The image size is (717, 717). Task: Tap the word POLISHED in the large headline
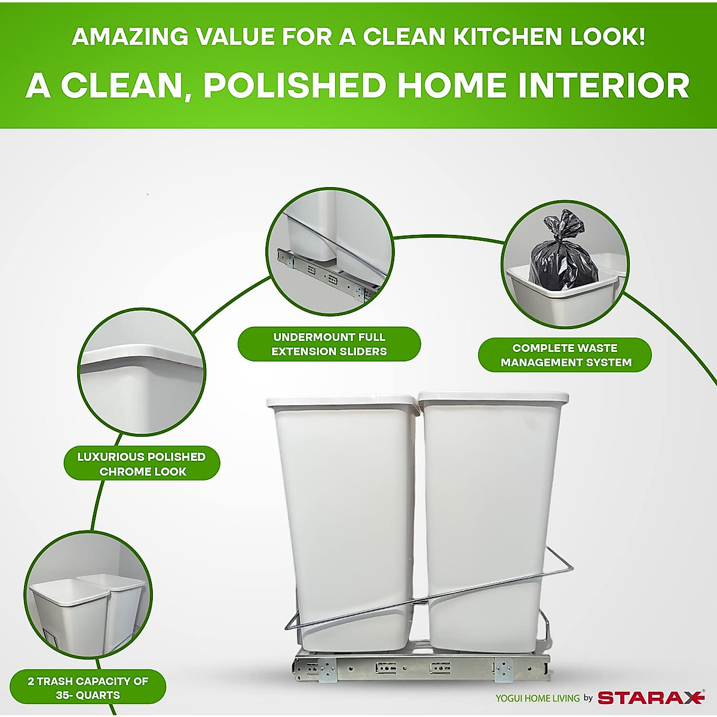click(295, 85)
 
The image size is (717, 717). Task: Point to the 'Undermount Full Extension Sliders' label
click(329, 344)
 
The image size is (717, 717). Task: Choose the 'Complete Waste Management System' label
click(565, 355)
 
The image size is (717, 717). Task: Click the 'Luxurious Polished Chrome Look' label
click(142, 464)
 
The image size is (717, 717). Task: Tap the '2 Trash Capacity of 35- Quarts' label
click(88, 688)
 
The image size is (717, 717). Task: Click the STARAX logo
click(651, 697)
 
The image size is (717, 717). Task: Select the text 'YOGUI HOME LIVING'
click(537, 698)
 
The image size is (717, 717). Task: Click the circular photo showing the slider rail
click(329, 251)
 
